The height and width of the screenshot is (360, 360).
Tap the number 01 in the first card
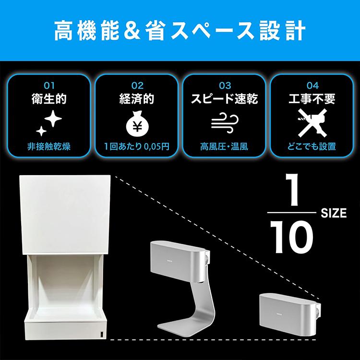click(x=48, y=85)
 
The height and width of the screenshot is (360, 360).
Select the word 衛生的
click(x=48, y=99)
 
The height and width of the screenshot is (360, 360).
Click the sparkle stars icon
click(x=48, y=122)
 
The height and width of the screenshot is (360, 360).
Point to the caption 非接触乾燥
click(x=48, y=146)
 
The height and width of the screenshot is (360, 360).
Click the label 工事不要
click(x=312, y=99)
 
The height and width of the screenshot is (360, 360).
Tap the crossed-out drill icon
click(x=312, y=123)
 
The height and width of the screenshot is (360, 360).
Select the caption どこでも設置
click(x=312, y=146)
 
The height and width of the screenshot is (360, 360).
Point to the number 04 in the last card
click(x=312, y=85)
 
